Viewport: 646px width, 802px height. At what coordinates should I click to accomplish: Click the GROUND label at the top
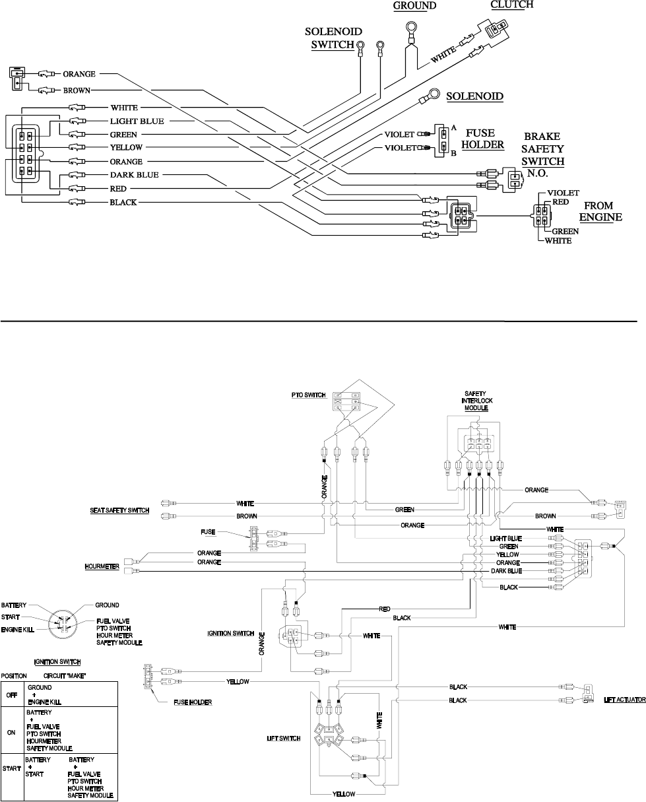point(414,5)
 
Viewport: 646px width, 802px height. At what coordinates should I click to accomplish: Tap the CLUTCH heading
point(512,5)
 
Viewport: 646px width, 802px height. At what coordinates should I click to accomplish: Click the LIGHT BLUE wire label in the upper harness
point(137,121)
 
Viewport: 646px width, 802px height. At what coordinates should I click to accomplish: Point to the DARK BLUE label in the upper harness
point(134,175)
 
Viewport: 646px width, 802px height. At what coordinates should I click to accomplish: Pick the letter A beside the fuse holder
point(454,128)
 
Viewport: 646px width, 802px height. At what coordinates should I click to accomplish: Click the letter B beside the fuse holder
point(453,153)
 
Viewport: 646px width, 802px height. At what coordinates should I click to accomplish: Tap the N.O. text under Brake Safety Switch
point(537,173)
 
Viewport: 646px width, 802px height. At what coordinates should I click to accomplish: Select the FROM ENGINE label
point(600,211)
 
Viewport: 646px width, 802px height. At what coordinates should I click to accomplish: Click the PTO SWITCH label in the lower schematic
point(308,395)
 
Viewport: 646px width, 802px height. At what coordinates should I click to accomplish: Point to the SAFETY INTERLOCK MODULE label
point(476,401)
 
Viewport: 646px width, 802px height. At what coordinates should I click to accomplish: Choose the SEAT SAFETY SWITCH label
point(119,510)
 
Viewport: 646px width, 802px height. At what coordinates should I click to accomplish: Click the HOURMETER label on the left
point(102,566)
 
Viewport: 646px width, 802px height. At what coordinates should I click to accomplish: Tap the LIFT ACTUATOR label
point(625,700)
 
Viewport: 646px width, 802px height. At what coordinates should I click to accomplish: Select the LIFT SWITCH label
point(284,738)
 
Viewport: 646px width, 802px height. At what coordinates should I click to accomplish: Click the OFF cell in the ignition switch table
point(12,695)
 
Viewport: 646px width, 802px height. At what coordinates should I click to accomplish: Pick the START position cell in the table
point(12,768)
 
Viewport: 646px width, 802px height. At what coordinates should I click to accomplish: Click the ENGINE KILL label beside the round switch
point(18,630)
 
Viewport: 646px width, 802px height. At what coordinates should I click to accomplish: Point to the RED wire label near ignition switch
point(385,609)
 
